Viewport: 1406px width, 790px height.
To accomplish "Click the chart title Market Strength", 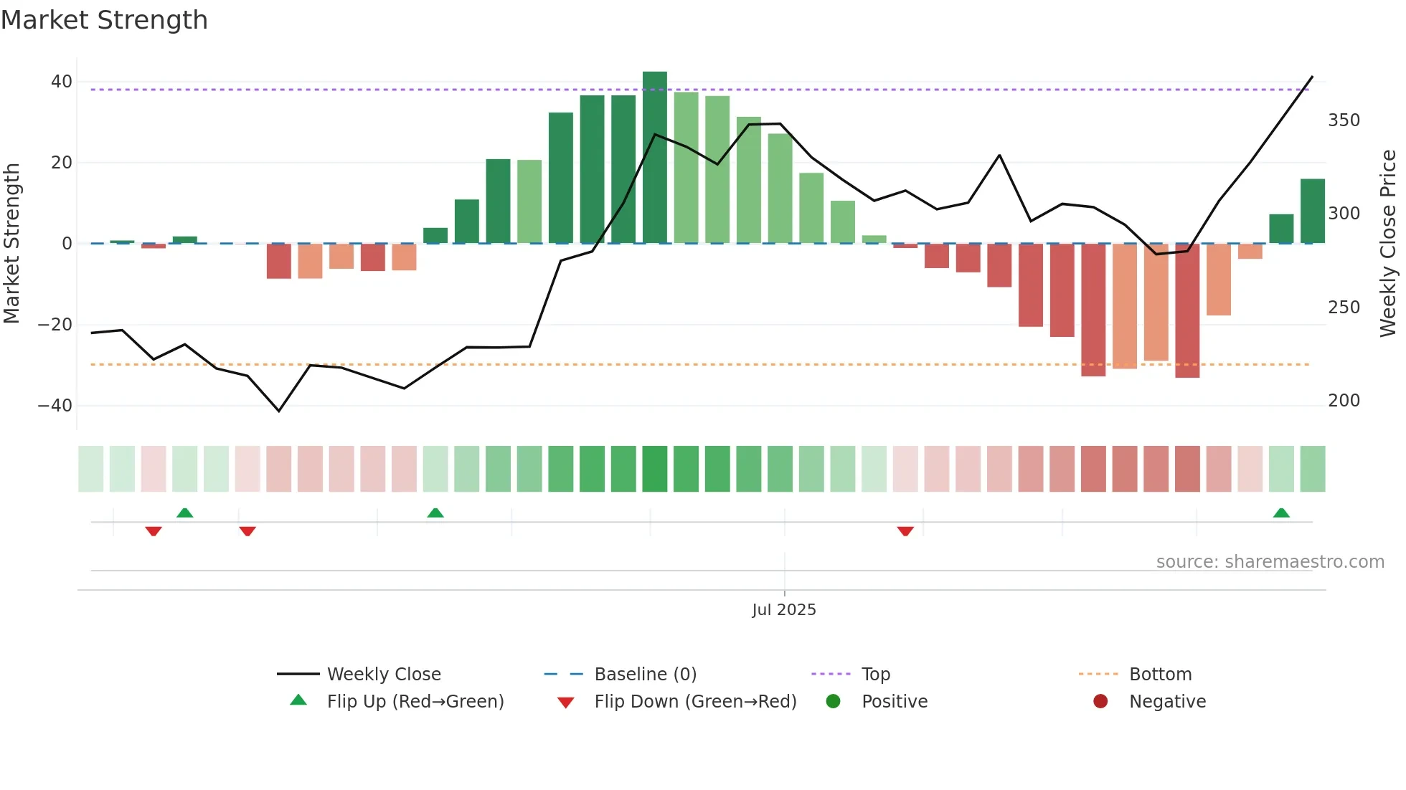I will pos(104,20).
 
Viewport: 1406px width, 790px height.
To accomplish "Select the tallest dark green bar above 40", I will pos(654,158).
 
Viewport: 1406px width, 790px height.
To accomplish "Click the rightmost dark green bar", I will pos(1312,211).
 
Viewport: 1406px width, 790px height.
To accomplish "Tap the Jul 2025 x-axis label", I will pos(783,610).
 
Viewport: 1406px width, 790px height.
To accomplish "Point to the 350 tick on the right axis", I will pos(1344,120).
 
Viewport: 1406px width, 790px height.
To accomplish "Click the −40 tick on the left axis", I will pos(55,406).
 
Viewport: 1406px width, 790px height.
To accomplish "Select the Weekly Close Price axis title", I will pos(1388,244).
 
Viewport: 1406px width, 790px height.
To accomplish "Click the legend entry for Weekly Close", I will pos(383,675).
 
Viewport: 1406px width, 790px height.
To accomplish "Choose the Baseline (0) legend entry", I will pos(645,675).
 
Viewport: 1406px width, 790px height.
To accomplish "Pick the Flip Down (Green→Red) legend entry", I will pos(694,702).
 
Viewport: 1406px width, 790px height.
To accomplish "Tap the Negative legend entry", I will pos(1166,702).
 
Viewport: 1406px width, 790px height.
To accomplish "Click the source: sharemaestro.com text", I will pos(1270,562).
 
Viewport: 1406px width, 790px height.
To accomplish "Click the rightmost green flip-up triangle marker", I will pos(1281,513).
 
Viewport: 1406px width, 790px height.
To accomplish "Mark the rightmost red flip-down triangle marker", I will pos(905,531).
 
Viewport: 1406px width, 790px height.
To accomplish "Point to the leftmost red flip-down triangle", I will pos(154,531).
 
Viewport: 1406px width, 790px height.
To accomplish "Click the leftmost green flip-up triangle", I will pos(185,513).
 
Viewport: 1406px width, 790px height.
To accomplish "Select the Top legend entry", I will pos(875,675).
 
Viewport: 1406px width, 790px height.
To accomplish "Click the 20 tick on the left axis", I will pos(62,163).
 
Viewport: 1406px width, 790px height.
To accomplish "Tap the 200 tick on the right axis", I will pos(1344,401).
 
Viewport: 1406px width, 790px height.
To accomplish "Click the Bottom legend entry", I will pos(1160,675).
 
